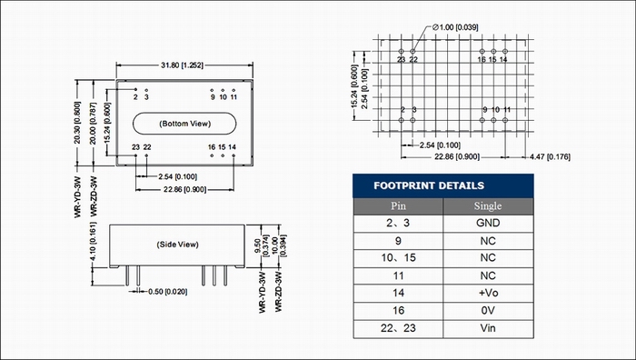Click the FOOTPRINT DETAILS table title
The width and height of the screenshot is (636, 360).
[429, 185]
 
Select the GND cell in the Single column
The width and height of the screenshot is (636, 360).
[488, 223]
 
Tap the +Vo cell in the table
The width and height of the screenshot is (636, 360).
[488, 293]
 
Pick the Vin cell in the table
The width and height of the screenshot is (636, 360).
[488, 328]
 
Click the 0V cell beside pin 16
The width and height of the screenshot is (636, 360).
[488, 311]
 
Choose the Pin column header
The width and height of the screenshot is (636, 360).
[398, 206]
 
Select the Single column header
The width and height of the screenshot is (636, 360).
[488, 206]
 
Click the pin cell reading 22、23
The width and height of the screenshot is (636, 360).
[398, 328]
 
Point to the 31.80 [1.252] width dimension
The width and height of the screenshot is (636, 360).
[182, 65]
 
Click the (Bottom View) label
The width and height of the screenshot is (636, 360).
[185, 124]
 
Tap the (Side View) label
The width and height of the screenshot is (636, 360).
[178, 245]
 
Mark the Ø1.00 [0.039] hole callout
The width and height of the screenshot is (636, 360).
[455, 27]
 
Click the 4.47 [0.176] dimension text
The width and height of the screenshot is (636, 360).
[550, 156]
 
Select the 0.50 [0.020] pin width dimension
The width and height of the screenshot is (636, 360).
[167, 292]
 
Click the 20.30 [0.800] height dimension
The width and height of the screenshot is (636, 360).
[77, 123]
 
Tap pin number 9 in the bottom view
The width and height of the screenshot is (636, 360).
[213, 97]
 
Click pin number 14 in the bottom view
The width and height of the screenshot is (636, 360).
[232, 147]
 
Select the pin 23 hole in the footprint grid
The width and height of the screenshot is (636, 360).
[402, 52]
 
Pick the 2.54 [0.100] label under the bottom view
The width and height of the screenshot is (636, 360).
[178, 176]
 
